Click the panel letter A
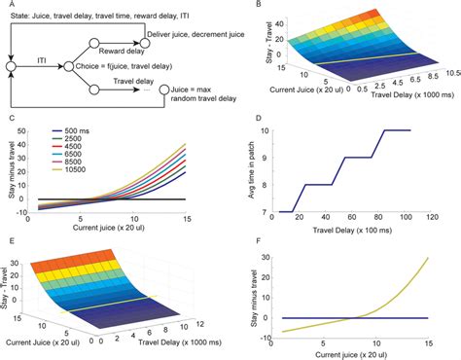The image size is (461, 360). point(9,5)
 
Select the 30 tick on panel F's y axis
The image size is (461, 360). point(271,258)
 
